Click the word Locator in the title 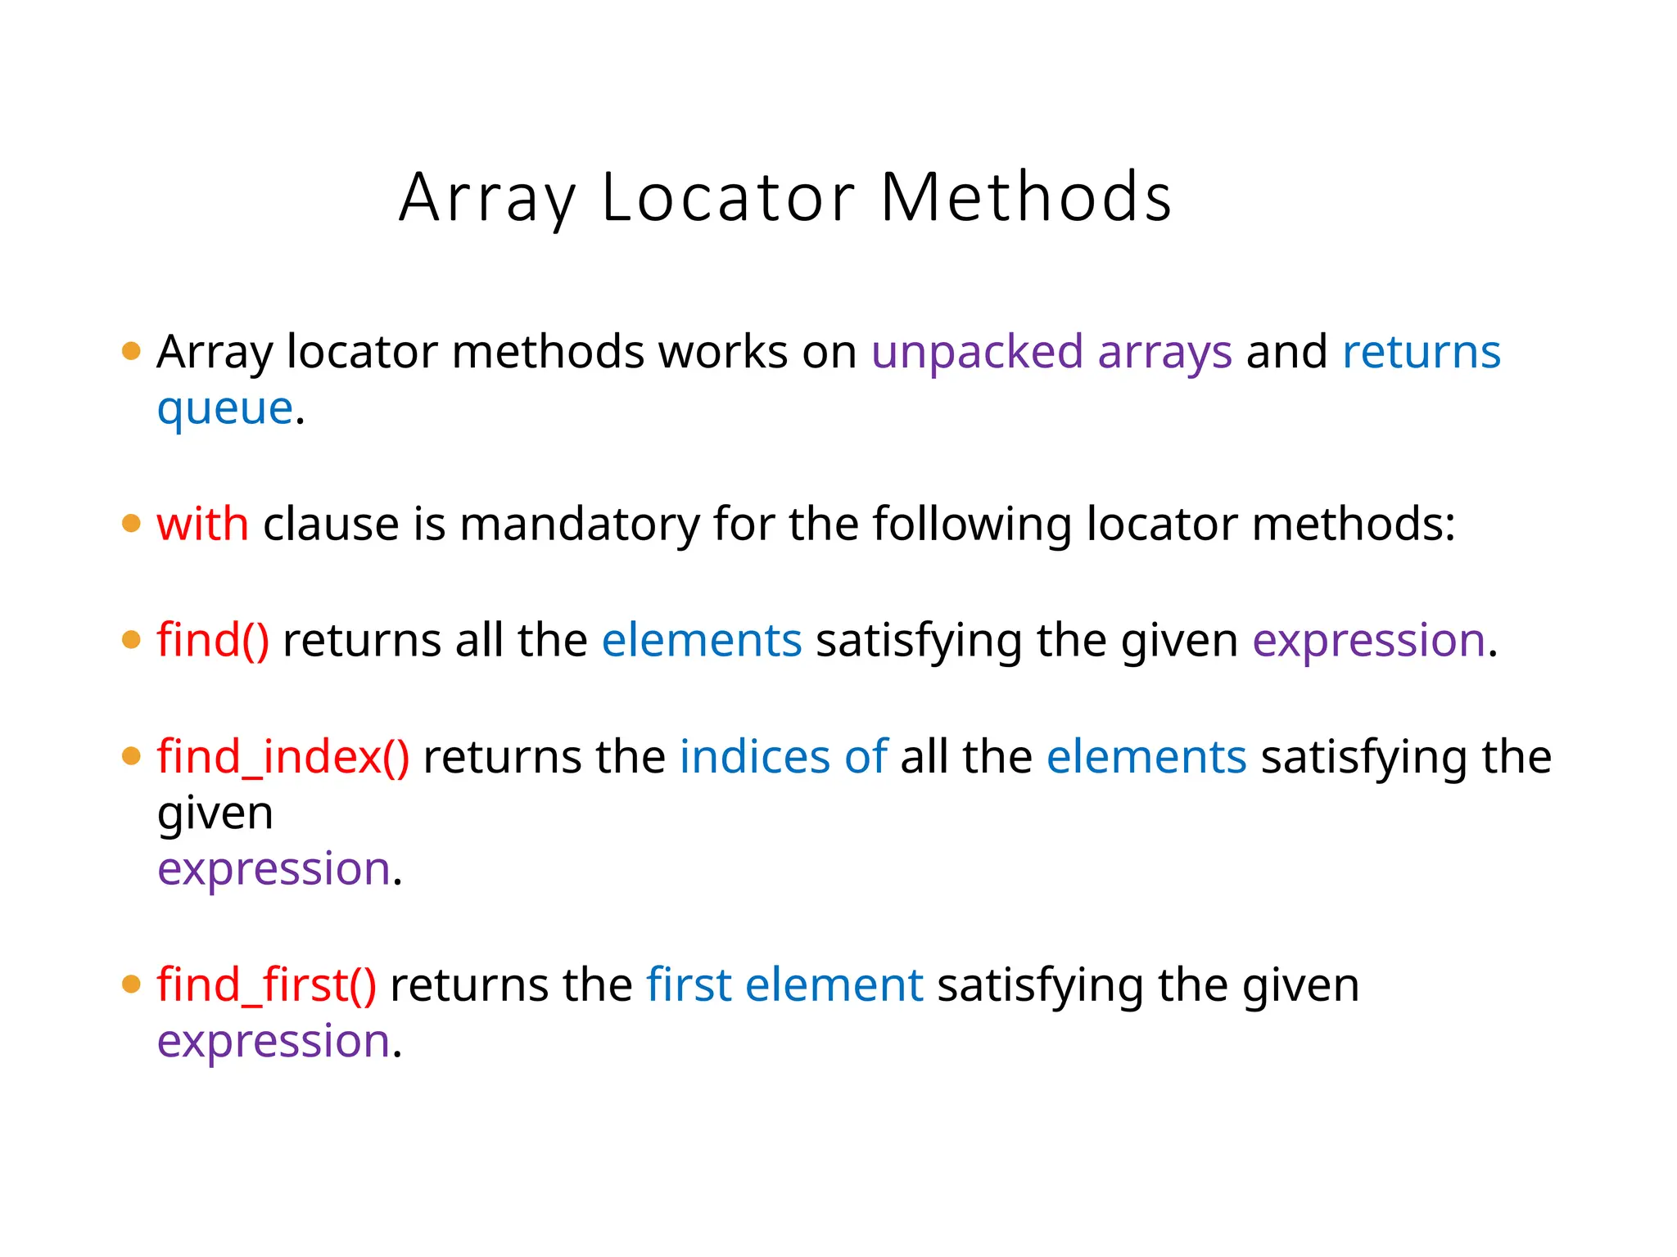point(729,197)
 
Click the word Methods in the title point(1026,197)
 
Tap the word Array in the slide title point(487,199)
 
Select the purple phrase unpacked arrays point(1051,353)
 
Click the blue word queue point(224,408)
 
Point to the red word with point(202,524)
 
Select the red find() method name point(213,640)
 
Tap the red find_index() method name point(283,757)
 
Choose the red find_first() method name point(267,984)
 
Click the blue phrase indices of point(783,757)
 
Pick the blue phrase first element point(784,984)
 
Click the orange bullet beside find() point(131,639)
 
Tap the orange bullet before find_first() point(131,984)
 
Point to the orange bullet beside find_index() point(131,756)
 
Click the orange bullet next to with point(131,523)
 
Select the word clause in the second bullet point(331,524)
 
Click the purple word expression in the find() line point(1368,641)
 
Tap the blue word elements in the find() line point(702,640)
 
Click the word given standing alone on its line point(215,814)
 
